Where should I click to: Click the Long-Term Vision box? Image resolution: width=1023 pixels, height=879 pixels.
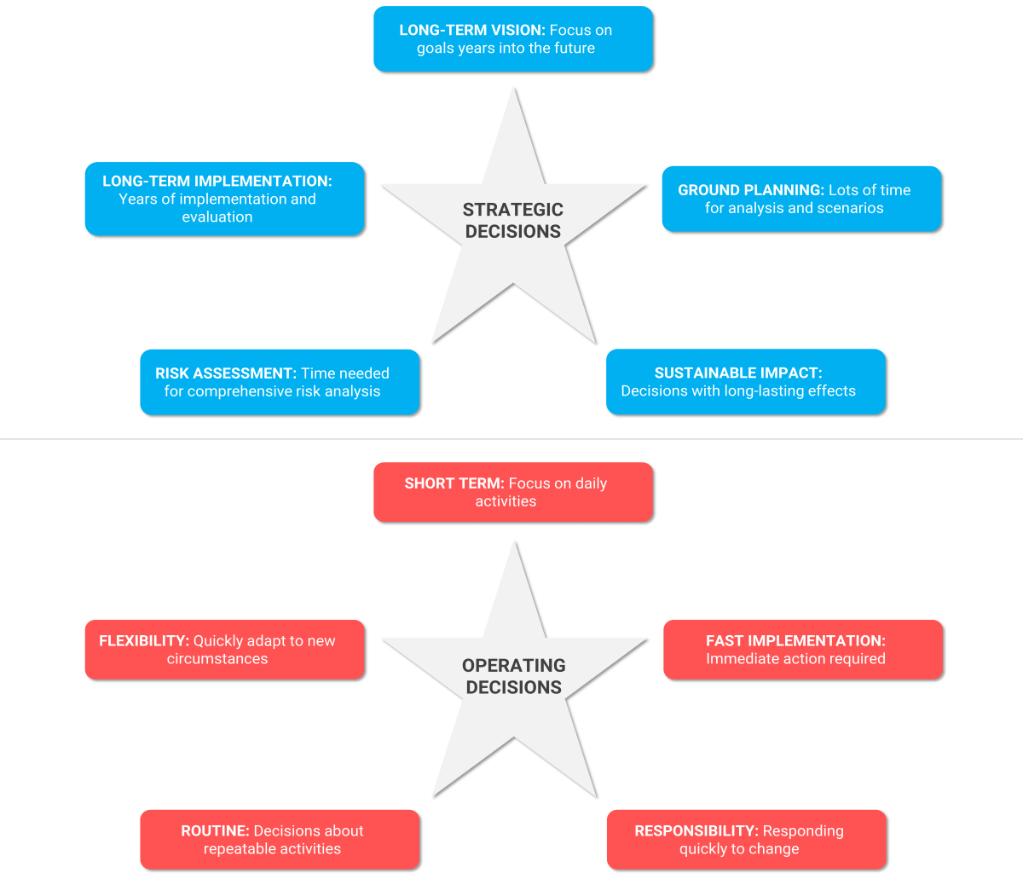tap(513, 39)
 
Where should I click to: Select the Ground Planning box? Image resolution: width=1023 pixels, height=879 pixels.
tap(801, 199)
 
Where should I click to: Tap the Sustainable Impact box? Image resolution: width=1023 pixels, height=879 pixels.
tap(746, 382)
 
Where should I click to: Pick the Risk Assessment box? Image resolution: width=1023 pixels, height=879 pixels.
tap(280, 382)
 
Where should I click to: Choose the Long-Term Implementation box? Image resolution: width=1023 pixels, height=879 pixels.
tap(224, 199)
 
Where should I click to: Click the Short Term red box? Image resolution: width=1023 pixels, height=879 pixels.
tap(513, 492)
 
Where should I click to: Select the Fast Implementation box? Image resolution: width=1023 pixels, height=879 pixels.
tap(803, 650)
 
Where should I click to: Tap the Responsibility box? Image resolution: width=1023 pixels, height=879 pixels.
tap(746, 840)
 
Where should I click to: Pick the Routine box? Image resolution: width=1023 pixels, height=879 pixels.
tap(280, 840)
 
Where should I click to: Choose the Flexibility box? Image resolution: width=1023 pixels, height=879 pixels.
tap(224, 650)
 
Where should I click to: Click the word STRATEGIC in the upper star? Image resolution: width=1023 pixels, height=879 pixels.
tap(513, 210)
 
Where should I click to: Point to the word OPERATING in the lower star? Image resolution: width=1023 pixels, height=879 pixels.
tap(514, 666)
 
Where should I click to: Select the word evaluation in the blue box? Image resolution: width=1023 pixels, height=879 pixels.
tap(217, 217)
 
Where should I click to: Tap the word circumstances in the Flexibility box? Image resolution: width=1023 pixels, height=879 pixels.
tap(217, 659)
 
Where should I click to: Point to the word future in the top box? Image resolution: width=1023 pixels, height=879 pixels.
tap(574, 49)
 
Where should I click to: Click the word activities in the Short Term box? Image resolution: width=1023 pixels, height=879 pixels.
tap(506, 501)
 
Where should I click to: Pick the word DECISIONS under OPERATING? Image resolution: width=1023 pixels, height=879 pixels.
tap(514, 687)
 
